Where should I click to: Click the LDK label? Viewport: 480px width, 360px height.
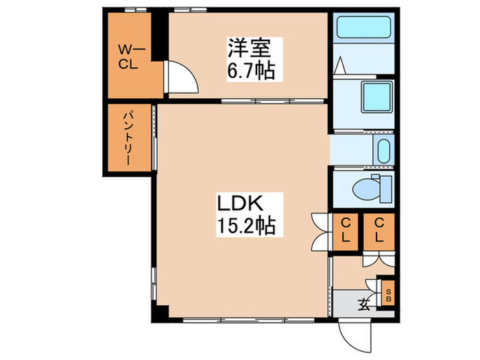coord(241,203)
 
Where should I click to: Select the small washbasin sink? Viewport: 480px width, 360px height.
coord(383,150)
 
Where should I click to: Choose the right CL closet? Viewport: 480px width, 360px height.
coord(379,232)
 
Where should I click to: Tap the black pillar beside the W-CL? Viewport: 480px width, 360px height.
coord(158,38)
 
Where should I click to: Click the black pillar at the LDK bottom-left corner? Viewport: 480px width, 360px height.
coord(159,313)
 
